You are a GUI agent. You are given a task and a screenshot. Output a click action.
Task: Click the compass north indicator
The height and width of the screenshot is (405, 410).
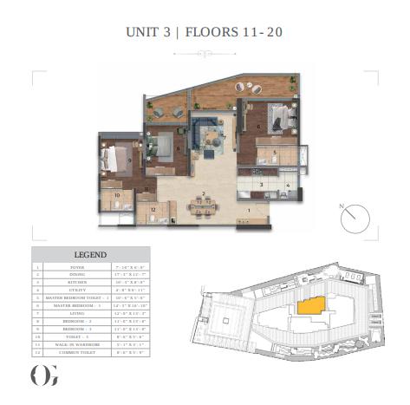pyautogui.click(x=350, y=217)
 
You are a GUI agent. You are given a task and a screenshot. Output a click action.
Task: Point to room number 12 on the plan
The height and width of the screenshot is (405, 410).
pyautogui.click(x=153, y=209)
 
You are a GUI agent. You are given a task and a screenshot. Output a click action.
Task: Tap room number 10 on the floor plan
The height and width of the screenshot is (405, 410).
pyautogui.click(x=117, y=196)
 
